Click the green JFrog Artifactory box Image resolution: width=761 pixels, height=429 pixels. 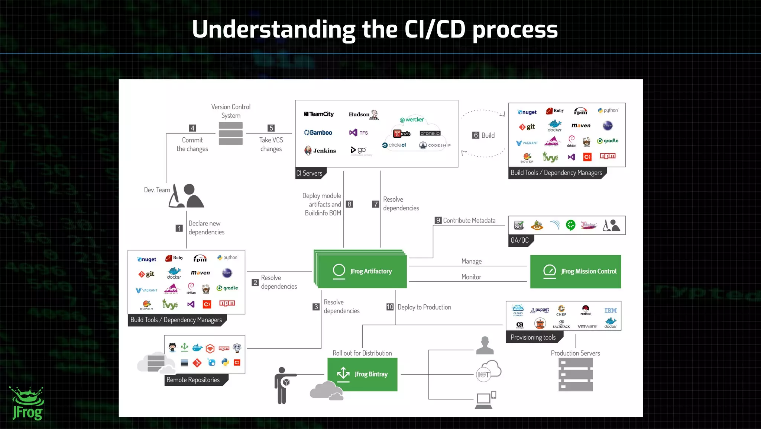pos(362,271)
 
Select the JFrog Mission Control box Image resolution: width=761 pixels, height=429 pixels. pos(575,272)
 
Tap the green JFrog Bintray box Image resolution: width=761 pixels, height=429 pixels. pos(362,374)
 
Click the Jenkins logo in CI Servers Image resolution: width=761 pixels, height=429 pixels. pos(320,150)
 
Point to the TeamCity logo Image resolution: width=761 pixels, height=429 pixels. pos(319,114)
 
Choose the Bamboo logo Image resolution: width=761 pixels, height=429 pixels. pos(318,132)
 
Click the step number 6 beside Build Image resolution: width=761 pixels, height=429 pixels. pos(476,135)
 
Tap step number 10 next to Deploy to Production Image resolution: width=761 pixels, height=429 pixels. pos(389,307)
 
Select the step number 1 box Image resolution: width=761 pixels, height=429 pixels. pos(179,228)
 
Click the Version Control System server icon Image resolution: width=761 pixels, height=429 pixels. pos(231,134)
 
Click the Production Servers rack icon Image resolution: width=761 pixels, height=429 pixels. pos(575,374)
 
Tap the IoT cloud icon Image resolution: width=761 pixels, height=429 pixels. pos(489,371)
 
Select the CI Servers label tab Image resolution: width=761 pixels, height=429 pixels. pos(310,173)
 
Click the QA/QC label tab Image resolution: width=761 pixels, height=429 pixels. pos(520,240)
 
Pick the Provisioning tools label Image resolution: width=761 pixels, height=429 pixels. pos(533,337)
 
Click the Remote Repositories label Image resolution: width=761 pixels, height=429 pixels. pos(193,380)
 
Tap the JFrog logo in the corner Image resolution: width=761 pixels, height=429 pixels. pos(27,404)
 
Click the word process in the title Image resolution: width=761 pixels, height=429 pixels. pos(515,30)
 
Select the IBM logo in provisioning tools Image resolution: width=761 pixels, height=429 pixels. pos(610,311)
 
